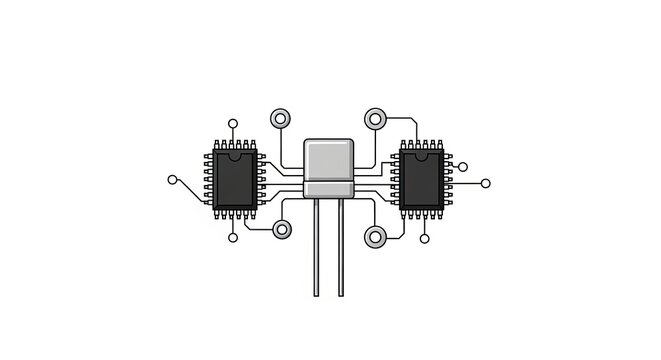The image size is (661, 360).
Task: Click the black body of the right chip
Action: coord(421,180)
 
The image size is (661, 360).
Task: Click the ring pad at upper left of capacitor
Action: coord(281,118)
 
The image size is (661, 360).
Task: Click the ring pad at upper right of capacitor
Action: coord(375,119)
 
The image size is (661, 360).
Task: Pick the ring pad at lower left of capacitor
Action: coord(282,229)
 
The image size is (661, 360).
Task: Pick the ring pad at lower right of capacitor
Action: coord(375,237)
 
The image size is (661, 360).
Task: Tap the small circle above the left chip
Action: coord(233,124)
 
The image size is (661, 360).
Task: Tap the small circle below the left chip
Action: coord(233,238)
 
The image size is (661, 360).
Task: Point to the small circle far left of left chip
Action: coord(172,180)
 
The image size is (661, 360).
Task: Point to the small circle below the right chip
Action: coord(425,238)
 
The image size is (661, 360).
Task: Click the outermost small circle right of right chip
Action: coord(487,183)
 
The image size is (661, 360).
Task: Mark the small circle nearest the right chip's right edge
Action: coord(463,165)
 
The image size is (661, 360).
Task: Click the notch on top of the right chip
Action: coord(421,155)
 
